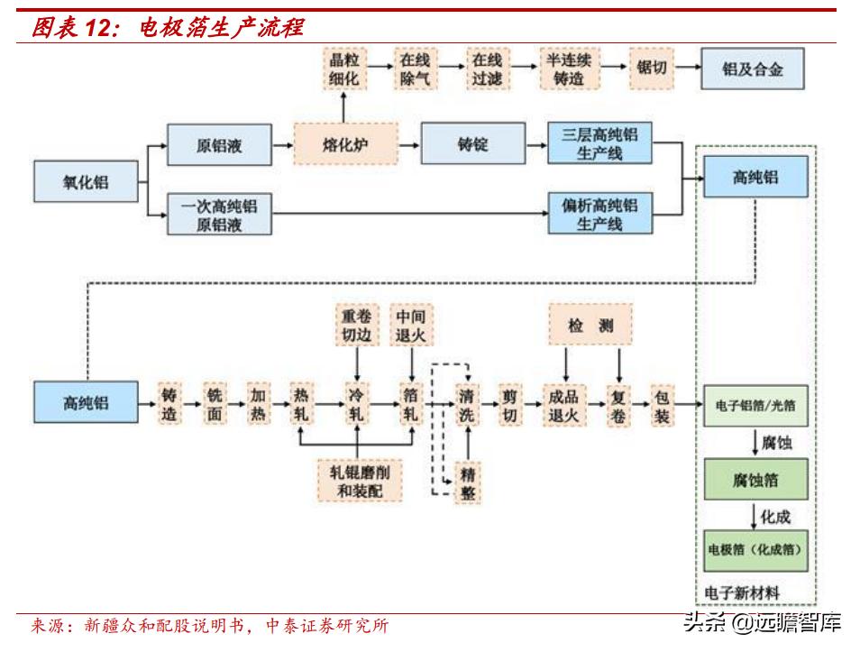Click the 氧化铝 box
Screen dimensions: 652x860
[86, 181]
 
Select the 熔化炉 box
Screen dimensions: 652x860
[346, 144]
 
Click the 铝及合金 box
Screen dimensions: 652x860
[753, 69]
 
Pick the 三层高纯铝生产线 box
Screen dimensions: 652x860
[599, 144]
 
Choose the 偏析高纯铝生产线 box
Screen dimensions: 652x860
[599, 214]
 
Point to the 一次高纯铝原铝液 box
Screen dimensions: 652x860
[219, 215]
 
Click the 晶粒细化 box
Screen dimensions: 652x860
[343, 69]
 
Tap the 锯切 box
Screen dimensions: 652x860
[651, 69]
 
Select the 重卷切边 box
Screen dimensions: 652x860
[357, 326]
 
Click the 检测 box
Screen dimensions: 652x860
[590, 326]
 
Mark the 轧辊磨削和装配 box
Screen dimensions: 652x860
[358, 481]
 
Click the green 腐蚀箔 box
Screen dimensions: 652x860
[755, 481]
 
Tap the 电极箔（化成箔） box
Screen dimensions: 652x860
[755, 548]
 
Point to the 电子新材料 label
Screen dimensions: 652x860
[743, 592]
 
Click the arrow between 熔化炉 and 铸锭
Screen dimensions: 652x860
[409, 144]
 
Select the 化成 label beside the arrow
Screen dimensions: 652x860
[775, 516]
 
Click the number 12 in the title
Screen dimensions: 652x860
[96, 28]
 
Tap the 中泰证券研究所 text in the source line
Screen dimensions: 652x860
[328, 625]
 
